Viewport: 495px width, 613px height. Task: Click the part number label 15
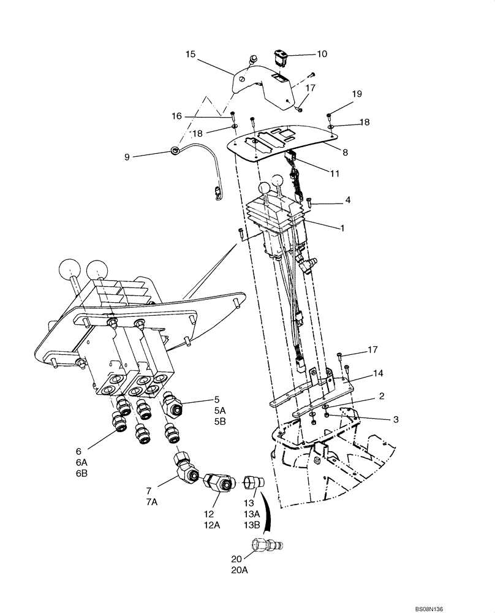pyautogui.click(x=191, y=55)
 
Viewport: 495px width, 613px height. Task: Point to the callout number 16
pyautogui.click(x=177, y=115)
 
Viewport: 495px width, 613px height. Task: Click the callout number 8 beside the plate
pyautogui.click(x=346, y=152)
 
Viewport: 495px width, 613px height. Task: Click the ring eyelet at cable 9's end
pyautogui.click(x=175, y=149)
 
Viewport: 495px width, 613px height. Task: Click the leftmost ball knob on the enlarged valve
pyautogui.click(x=69, y=270)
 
